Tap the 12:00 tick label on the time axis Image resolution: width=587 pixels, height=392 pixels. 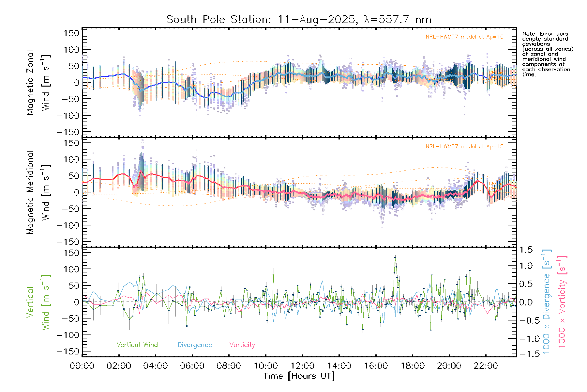coord(302,366)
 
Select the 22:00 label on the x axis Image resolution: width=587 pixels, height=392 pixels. coord(486,366)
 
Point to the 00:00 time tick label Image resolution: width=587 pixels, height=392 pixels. coord(82,366)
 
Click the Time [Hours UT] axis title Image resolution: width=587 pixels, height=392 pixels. coord(299,376)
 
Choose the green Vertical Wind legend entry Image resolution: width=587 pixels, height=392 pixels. coord(137,345)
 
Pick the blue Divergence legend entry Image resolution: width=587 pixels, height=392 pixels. coord(195,345)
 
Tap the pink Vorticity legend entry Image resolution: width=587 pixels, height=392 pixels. coord(242,345)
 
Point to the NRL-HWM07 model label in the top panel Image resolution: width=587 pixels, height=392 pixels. coord(464,37)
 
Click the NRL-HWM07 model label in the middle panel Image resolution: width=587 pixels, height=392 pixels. coord(464,147)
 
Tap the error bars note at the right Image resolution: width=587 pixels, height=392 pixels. coord(547,54)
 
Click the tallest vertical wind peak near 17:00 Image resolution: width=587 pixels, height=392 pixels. coord(395,257)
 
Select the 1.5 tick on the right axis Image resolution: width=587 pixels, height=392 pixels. coord(526,250)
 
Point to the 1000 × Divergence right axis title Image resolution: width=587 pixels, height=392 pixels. coord(547,302)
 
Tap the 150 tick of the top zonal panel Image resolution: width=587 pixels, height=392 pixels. coord(72,33)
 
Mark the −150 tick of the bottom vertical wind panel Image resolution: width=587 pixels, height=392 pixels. coord(68,351)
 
